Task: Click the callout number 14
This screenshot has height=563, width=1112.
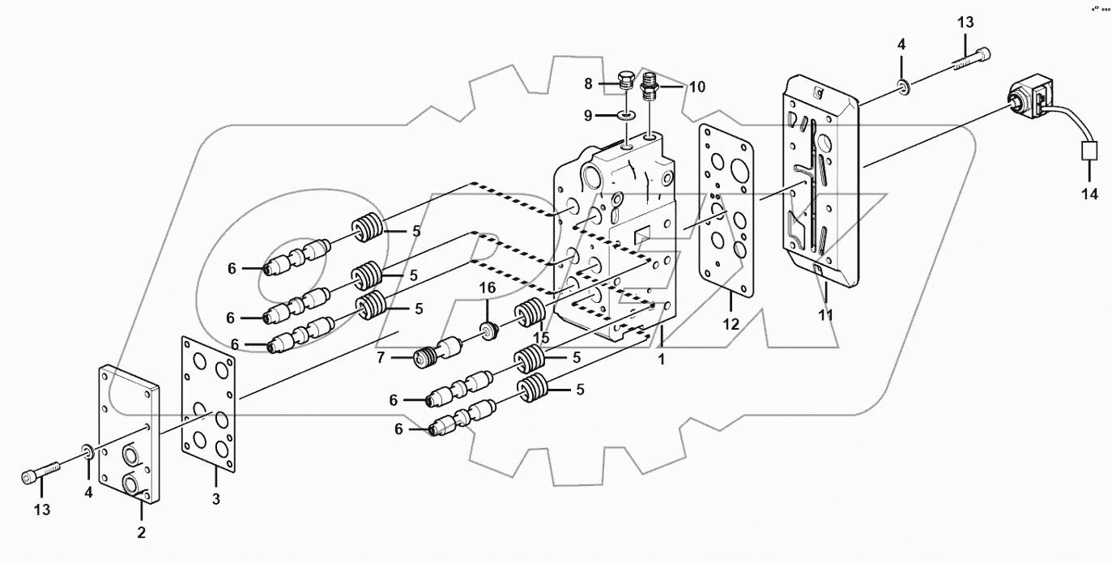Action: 1089,194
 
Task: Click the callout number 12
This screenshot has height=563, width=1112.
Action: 731,324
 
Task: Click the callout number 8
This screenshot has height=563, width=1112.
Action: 589,83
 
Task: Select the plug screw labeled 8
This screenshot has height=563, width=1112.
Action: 624,82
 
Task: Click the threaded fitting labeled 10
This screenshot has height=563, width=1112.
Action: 650,85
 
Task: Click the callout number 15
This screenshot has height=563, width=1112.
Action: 541,336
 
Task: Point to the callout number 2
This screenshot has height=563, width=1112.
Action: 141,532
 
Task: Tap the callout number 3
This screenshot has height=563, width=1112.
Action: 216,500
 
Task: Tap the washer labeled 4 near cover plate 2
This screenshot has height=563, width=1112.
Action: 86,450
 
